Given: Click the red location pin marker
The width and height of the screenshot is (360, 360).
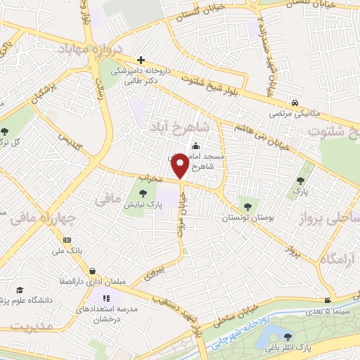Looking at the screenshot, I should point(180,167).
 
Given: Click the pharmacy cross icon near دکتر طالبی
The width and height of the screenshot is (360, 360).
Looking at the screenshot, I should point(141,60).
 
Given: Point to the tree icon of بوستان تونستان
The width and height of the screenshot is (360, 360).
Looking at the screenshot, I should point(246,205).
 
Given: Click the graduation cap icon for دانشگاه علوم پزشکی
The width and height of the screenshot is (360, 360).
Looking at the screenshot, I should point(20,289).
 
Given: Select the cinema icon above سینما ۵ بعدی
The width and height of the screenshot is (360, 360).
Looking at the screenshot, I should point(326,300).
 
